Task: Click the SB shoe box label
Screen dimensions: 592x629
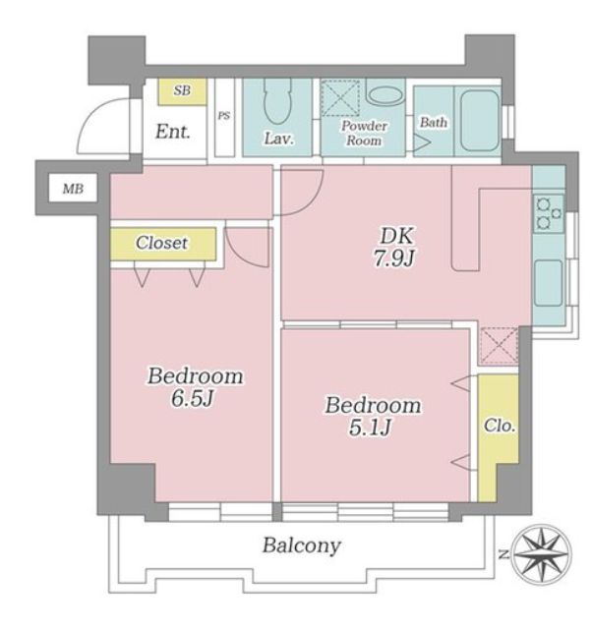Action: (x=182, y=90)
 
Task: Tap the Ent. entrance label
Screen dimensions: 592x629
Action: (x=172, y=132)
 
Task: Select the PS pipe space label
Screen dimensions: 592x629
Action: (x=224, y=116)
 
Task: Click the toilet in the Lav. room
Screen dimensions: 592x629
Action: (x=277, y=101)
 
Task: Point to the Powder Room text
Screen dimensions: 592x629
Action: (x=364, y=134)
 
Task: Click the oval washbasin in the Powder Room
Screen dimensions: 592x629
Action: (x=385, y=95)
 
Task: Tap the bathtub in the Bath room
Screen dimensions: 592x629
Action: (x=480, y=120)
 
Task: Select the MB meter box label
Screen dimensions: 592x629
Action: (x=73, y=189)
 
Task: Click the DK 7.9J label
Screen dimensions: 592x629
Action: (x=394, y=247)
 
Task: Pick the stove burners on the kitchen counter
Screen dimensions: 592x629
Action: (x=549, y=214)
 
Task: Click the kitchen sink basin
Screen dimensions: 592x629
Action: (x=549, y=283)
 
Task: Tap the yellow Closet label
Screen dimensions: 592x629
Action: (x=161, y=243)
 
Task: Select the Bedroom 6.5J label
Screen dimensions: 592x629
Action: (x=195, y=387)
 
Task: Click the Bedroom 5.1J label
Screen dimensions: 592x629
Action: (x=373, y=416)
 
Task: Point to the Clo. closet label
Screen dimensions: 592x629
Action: (x=500, y=426)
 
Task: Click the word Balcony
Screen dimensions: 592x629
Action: (x=302, y=546)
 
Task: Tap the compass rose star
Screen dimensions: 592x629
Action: (x=543, y=554)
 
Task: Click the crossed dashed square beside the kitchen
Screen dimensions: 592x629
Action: (x=499, y=346)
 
